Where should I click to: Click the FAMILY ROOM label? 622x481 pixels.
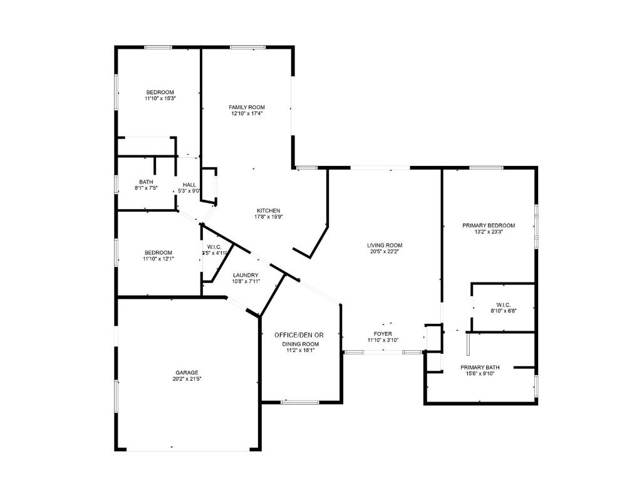pos(247,107)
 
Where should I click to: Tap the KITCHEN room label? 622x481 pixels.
pos(267,210)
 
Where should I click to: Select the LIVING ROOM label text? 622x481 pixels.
pos(385,245)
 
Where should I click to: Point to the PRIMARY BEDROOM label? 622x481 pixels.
pos(489,225)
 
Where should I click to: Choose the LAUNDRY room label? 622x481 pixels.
pos(246,275)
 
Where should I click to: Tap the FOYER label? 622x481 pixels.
pos(383,333)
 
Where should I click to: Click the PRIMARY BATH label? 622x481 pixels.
pos(480,367)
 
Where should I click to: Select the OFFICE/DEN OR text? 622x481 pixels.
pos(299,335)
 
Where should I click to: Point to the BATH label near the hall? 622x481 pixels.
pos(146,182)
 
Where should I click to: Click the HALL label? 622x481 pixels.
pos(189,185)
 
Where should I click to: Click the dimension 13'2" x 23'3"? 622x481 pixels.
pos(489,232)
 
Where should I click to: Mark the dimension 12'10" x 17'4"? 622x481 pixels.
pos(247,113)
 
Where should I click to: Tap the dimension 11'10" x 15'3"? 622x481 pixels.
pos(160,98)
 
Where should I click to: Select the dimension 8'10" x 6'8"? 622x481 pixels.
pos(503,311)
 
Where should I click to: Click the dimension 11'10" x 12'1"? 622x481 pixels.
pos(159,258)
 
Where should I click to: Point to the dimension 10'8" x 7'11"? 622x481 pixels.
pos(246,281)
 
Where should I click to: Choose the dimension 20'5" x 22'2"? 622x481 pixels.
pos(385,251)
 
